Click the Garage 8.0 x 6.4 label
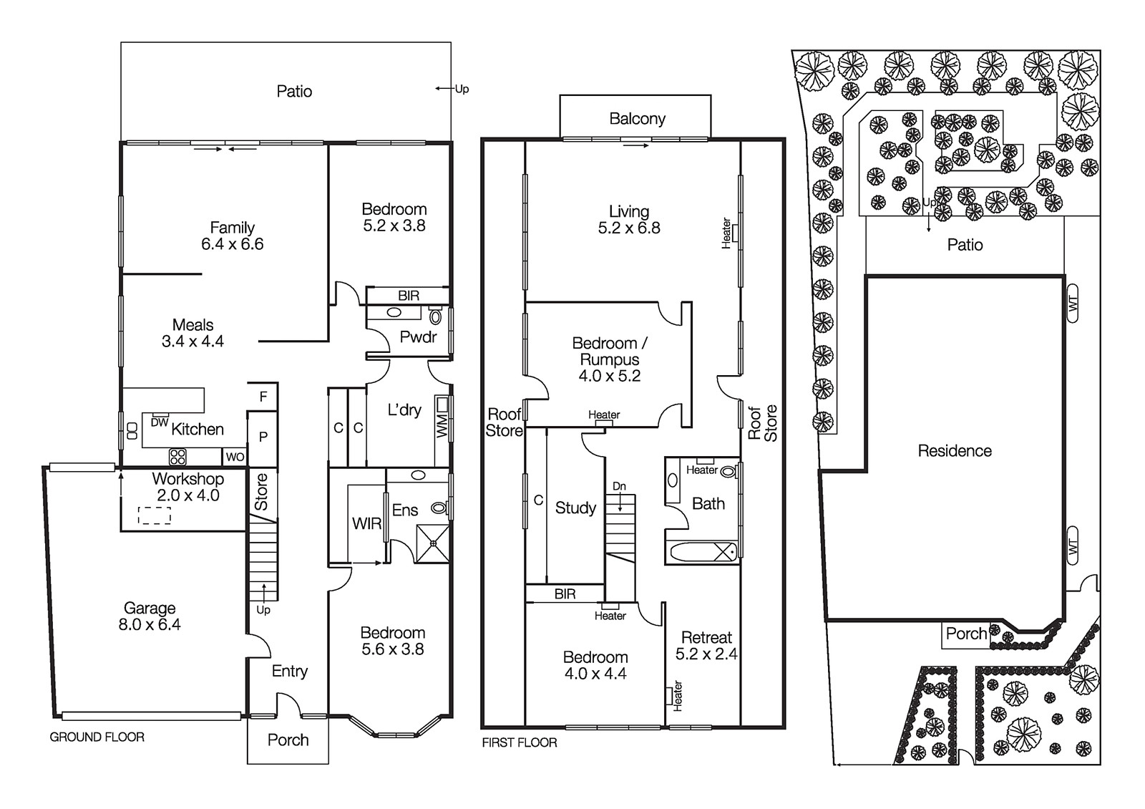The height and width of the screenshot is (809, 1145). pyautogui.click(x=150, y=616)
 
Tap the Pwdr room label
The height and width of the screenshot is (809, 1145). pyautogui.click(x=418, y=336)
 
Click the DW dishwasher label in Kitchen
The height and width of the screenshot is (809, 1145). pyautogui.click(x=160, y=423)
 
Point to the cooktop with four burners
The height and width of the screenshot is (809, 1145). pyautogui.click(x=177, y=456)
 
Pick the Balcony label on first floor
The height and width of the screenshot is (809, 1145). pyautogui.click(x=637, y=119)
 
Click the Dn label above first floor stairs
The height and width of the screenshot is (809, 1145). pyautogui.click(x=619, y=487)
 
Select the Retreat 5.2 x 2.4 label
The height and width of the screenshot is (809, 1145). pyautogui.click(x=706, y=645)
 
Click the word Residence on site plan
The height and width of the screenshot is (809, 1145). pyautogui.click(x=955, y=451)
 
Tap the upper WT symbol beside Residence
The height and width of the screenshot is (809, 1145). pyautogui.click(x=1072, y=304)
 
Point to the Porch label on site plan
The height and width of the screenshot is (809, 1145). pyautogui.click(x=966, y=634)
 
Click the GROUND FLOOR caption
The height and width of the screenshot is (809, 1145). pyautogui.click(x=97, y=737)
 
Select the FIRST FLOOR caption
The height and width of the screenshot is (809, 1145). pyautogui.click(x=519, y=742)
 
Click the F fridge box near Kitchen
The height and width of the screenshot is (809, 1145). pyautogui.click(x=263, y=397)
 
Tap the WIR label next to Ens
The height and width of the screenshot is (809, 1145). pyautogui.click(x=366, y=524)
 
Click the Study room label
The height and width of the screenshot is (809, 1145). pyautogui.click(x=575, y=508)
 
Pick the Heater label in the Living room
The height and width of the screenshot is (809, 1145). pyautogui.click(x=727, y=233)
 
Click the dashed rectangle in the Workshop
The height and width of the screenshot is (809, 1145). pyautogui.click(x=155, y=515)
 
